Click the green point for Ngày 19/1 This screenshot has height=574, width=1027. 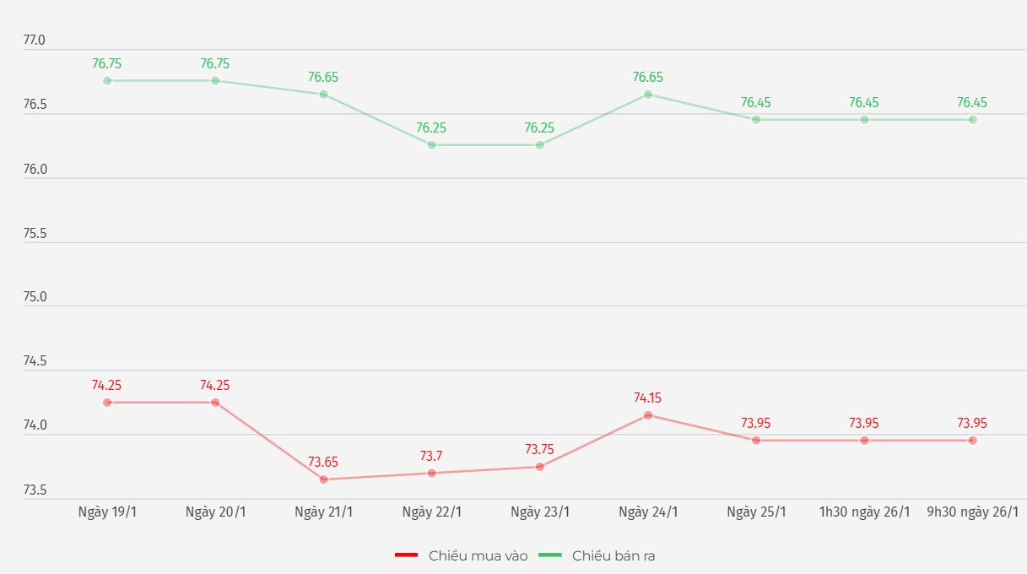[x=107, y=81]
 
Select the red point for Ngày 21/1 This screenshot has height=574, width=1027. [x=323, y=479]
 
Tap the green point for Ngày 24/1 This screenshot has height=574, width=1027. [x=648, y=95]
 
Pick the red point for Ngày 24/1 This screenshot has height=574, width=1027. [x=648, y=415]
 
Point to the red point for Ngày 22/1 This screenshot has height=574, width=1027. [x=431, y=473]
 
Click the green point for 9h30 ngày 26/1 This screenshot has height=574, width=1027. [x=972, y=120]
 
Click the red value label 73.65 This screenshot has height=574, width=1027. [x=323, y=462]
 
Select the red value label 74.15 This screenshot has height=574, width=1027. [x=648, y=398]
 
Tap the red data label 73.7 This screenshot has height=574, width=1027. [x=431, y=456]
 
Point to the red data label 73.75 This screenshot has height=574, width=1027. [x=540, y=449]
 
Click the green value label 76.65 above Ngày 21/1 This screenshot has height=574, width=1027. [x=323, y=77]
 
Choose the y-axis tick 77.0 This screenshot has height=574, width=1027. [x=35, y=41]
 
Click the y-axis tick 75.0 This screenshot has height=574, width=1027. [x=35, y=297]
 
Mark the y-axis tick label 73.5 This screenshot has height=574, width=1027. [x=35, y=490]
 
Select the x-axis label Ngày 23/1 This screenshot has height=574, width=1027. [x=540, y=512]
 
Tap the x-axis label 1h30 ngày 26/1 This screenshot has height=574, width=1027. [x=864, y=512]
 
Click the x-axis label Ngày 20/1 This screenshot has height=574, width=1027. [x=215, y=512]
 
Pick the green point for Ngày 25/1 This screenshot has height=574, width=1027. [x=756, y=120]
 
